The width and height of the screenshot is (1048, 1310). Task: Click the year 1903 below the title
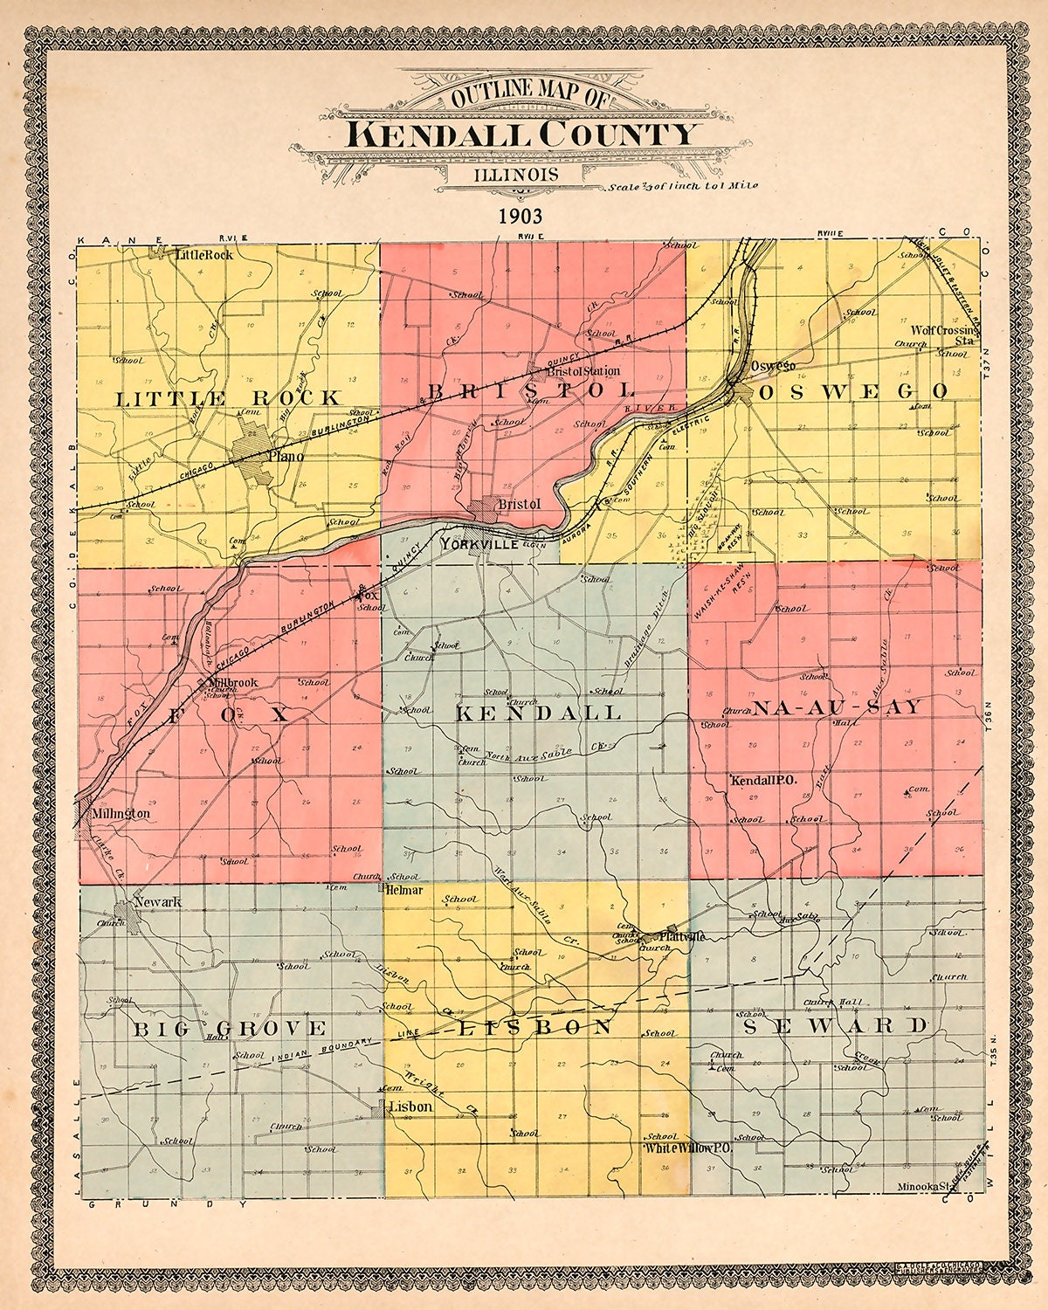pyautogui.click(x=521, y=216)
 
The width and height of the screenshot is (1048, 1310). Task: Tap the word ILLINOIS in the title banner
pyautogui.click(x=516, y=173)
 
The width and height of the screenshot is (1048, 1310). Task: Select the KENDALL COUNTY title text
pyautogui.click(x=522, y=134)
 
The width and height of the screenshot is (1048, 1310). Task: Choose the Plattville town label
pyautogui.click(x=682, y=936)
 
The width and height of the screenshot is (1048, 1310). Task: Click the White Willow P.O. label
pyautogui.click(x=687, y=1149)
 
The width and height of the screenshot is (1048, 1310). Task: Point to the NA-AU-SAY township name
pyautogui.click(x=837, y=707)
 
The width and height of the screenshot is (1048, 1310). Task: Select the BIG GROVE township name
pyautogui.click(x=230, y=1028)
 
